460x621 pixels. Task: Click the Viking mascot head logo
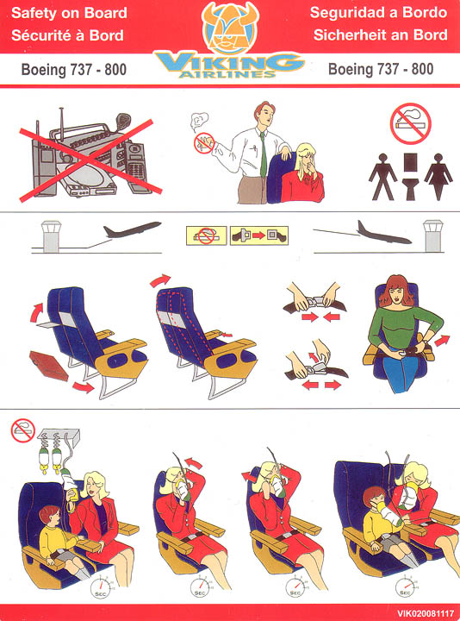[x=230, y=28]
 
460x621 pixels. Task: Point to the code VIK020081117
[x=426, y=613]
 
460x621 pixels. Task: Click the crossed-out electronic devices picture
[x=90, y=156]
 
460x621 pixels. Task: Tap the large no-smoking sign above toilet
[x=410, y=123]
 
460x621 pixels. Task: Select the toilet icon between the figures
[x=410, y=175]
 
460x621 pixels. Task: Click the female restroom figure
[x=438, y=176]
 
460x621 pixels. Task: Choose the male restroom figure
[x=382, y=176]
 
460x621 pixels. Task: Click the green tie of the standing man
[x=263, y=155]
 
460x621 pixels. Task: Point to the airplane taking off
[x=132, y=229]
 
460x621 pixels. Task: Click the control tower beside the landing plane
[x=432, y=236]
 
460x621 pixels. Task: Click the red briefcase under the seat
[x=49, y=366]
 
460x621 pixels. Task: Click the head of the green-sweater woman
[x=395, y=292]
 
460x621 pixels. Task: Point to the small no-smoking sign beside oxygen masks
[x=23, y=430]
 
